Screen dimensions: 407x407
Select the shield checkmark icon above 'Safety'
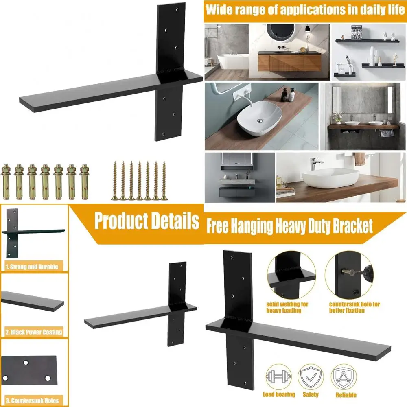(x=310, y=378)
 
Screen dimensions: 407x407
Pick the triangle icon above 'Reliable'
(x=346, y=378)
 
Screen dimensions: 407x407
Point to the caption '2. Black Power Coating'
(x=34, y=332)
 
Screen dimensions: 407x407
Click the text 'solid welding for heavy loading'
(x=287, y=307)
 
